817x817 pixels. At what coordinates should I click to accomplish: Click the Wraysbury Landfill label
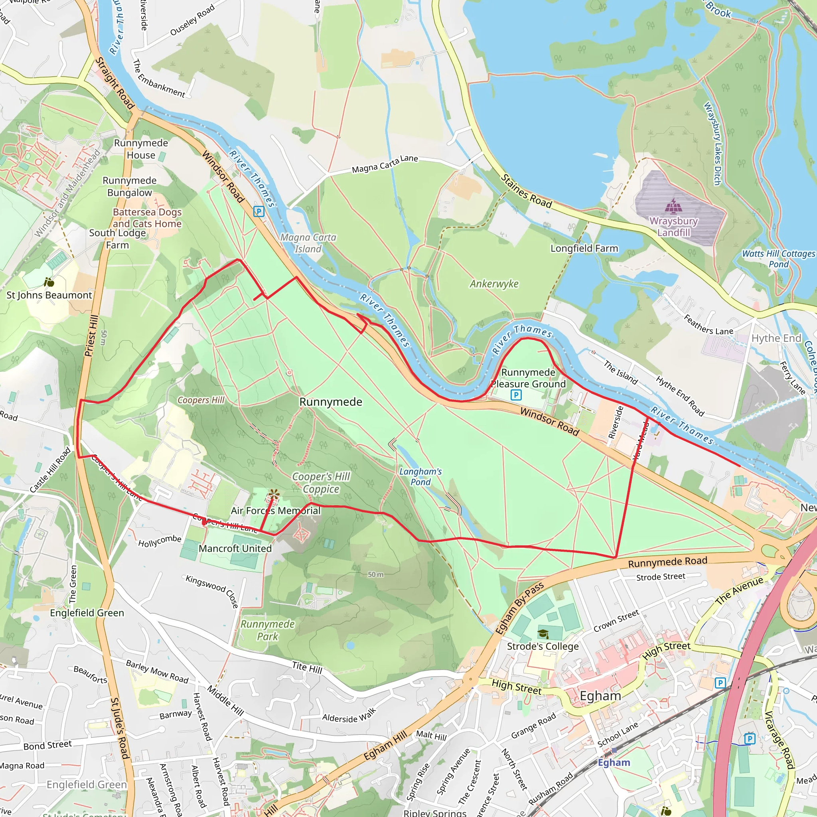pos(673,227)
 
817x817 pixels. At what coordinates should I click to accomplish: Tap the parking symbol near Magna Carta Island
pos(259,211)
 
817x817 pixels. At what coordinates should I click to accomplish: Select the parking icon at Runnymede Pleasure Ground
pos(516,395)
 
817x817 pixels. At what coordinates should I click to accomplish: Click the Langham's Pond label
pos(420,477)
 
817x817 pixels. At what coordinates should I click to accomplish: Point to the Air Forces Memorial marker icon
pos(274,494)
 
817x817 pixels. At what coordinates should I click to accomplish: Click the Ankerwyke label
pos(494,284)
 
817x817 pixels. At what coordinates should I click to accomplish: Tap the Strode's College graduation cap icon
pos(543,633)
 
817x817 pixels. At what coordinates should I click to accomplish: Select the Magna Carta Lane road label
pos(385,164)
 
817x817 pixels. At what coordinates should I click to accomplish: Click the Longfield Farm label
pos(584,249)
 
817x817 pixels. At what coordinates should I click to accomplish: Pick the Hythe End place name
pos(776,338)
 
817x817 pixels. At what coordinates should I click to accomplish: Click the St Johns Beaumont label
pos(49,295)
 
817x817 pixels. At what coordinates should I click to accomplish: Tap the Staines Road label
pos(527,191)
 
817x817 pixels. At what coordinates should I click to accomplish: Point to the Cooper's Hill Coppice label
pos(322,483)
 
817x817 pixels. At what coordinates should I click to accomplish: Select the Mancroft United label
pos(235,549)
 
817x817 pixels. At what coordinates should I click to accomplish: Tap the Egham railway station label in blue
pos(614,762)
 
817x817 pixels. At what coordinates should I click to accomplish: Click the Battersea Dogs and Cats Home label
pos(147,218)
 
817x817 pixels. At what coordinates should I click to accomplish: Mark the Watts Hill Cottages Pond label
pos(779,259)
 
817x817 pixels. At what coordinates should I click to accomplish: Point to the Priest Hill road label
pos(91,336)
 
